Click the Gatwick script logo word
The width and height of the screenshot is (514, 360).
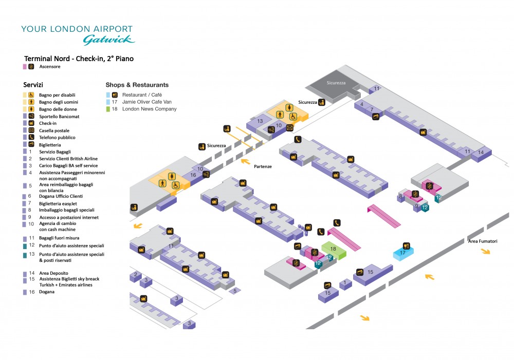point(108,40)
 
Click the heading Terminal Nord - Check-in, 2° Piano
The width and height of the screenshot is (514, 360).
point(79,59)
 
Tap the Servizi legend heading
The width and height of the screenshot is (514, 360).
point(33,84)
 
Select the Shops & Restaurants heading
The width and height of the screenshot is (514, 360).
point(137,85)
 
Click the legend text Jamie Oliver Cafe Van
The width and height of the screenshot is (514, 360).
point(148,102)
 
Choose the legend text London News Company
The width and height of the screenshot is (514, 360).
point(149,109)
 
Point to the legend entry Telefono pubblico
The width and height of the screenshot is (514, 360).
point(57,138)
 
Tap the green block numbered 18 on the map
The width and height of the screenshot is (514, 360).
point(333,249)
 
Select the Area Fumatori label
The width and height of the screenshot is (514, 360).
point(482,241)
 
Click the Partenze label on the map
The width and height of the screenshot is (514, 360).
point(263,166)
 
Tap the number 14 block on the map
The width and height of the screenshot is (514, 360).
point(481,153)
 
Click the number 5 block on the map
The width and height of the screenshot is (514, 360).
point(234,291)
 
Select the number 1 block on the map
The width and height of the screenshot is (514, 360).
point(345,282)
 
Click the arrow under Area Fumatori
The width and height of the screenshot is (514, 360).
point(485,251)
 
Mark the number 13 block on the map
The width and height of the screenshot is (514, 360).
point(260,121)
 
